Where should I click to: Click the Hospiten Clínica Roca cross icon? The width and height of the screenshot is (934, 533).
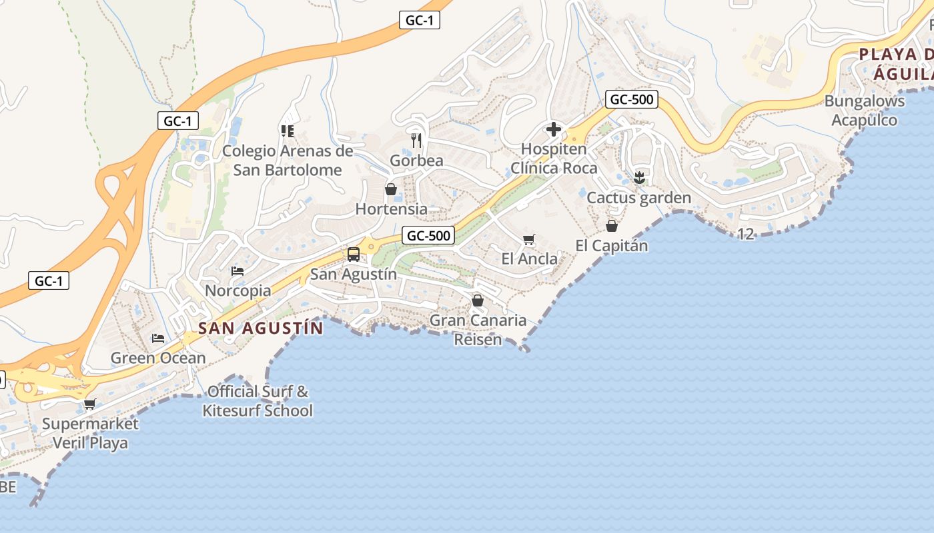point(553,129)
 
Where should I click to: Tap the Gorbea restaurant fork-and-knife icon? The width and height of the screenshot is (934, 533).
point(417,140)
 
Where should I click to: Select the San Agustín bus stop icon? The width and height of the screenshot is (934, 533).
point(354,255)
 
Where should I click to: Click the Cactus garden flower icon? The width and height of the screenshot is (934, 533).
point(639,177)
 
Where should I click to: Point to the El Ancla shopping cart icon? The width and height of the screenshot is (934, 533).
point(529,239)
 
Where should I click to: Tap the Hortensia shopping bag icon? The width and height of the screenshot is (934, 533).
point(391,190)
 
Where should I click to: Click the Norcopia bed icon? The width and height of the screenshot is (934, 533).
point(238,271)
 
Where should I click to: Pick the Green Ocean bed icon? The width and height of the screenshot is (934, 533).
point(158,338)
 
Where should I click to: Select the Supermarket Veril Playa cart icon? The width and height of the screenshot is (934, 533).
point(90,404)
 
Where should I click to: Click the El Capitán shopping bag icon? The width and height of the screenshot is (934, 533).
point(612,227)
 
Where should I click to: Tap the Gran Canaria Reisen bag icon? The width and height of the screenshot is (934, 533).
point(478,300)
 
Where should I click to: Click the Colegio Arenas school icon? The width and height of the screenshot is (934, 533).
point(288,131)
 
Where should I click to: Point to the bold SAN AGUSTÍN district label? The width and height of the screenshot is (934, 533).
point(261,328)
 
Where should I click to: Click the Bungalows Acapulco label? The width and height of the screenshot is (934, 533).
point(864,111)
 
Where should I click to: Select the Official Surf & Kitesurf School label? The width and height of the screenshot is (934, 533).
point(258,400)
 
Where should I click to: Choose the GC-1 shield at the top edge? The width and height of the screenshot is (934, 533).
point(419,21)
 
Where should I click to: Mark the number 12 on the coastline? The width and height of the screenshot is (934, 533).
point(746,234)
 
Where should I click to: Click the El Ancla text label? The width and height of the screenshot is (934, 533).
point(530,259)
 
